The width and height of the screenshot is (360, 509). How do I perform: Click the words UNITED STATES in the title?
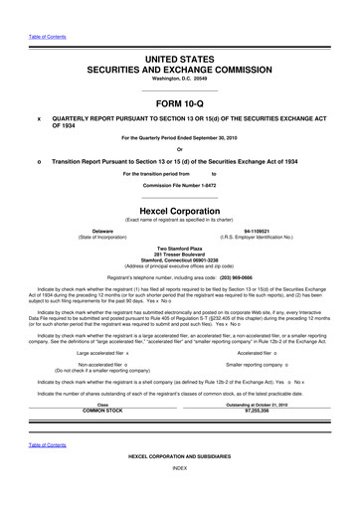click(x=180, y=61)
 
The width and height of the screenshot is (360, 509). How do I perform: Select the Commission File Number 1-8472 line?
click(x=180, y=186)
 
